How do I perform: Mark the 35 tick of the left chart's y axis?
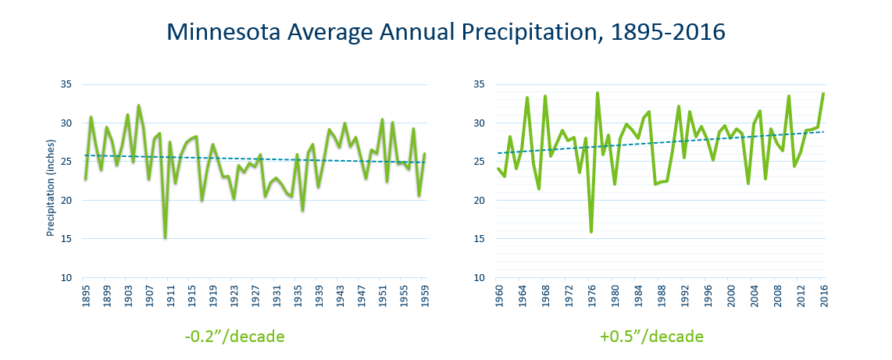(x=66, y=84)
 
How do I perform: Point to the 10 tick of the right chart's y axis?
(x=479, y=277)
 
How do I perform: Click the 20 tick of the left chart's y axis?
(x=66, y=201)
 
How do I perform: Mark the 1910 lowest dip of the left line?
(x=165, y=237)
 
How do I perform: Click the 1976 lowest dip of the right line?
(x=591, y=231)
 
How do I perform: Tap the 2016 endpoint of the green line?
(x=823, y=94)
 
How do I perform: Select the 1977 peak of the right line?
(x=598, y=93)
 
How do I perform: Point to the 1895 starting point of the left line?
(x=85, y=179)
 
